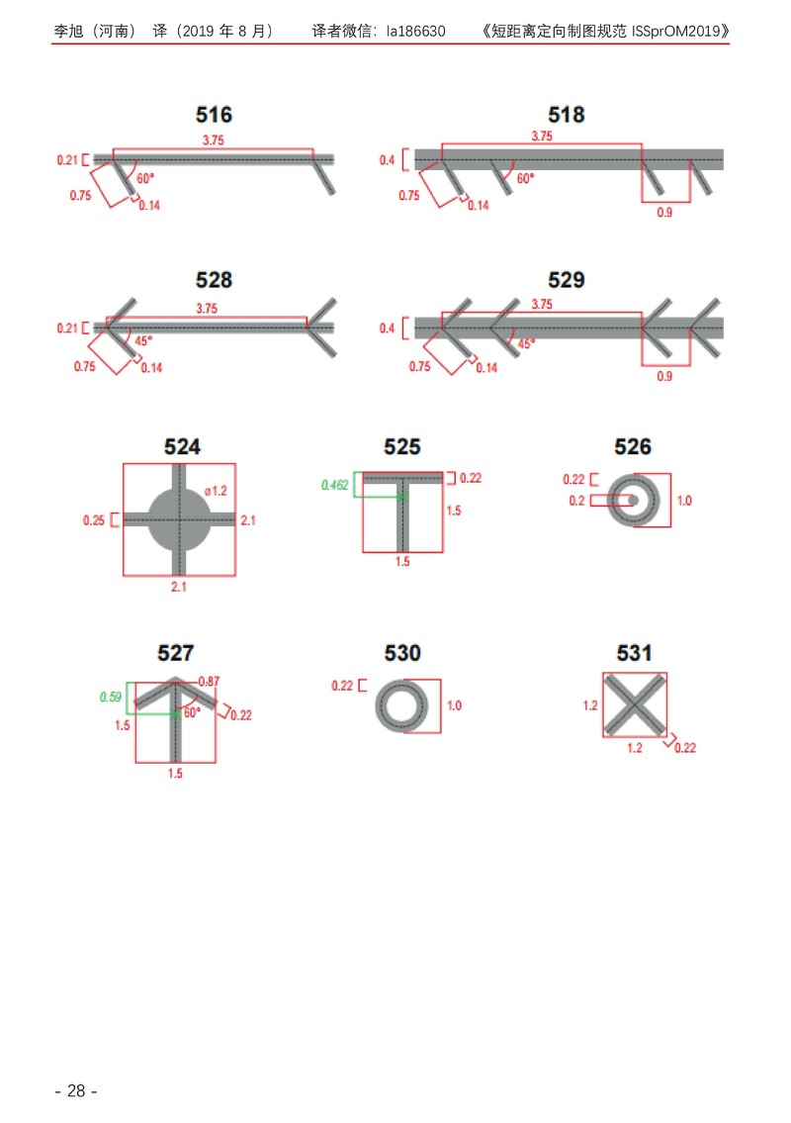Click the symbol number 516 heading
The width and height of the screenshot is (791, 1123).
tap(214, 115)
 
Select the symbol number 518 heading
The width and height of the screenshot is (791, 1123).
tap(567, 115)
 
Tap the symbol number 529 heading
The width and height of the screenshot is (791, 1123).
tap(567, 280)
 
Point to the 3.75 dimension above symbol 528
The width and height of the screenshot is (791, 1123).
tap(207, 309)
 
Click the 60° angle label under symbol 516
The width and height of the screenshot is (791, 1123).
tap(145, 178)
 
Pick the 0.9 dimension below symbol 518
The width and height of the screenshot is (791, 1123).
tap(664, 213)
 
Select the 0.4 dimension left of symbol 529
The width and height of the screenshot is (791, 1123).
tap(387, 328)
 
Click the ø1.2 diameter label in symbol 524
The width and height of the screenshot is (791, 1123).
tap(216, 491)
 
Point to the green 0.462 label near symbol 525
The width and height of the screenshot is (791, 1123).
tap(334, 485)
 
